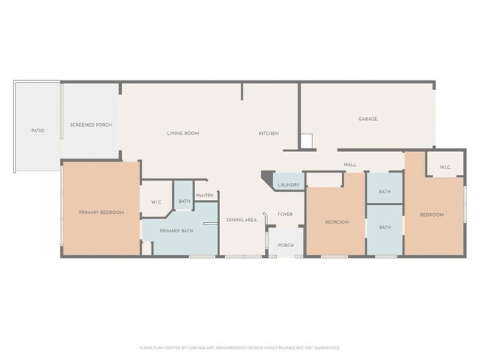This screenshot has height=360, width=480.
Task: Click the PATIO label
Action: (38, 131)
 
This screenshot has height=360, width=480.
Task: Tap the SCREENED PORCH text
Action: (91, 125)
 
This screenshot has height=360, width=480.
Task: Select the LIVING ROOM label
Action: (182, 134)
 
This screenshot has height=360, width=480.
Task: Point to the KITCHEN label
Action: (268, 134)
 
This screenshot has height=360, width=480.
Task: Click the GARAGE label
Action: (368, 119)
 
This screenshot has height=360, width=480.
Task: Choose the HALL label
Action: (350, 165)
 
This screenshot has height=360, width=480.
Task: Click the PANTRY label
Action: (205, 195)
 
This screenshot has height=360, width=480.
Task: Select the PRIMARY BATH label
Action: (176, 232)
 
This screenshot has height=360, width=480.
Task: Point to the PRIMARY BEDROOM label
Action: (101, 212)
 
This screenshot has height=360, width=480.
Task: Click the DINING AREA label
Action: (241, 220)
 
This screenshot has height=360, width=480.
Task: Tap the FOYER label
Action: (285, 215)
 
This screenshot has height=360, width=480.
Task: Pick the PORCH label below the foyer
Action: (285, 245)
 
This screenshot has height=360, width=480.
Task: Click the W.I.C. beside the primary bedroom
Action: (157, 202)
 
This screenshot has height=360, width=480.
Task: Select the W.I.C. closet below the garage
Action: (445, 167)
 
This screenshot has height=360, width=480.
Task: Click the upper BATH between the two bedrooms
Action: (385, 192)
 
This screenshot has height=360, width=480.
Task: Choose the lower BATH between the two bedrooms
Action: (385, 227)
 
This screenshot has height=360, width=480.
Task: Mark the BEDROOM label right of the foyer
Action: (337, 222)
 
